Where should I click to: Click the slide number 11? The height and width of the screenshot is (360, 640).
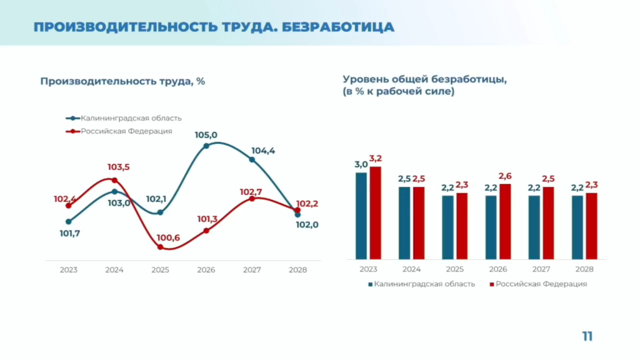(587, 336)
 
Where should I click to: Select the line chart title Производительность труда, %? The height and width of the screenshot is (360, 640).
(122, 81)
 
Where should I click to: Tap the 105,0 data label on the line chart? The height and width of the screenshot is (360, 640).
(206, 134)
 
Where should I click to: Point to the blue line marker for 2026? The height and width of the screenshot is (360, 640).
(206, 146)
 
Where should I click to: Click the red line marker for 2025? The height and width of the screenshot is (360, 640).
(160, 247)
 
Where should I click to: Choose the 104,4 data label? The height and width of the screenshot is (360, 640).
(263, 151)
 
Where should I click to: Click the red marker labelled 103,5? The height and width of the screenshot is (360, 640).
(114, 180)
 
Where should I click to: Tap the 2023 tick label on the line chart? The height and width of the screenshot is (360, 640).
(69, 270)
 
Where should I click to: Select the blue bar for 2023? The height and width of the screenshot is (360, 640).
(361, 216)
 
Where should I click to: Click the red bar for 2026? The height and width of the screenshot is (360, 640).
(505, 221)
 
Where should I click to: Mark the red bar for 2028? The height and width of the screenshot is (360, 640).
(591, 226)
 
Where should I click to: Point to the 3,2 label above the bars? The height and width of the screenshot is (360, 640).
(376, 158)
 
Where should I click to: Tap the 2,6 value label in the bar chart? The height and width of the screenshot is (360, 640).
(505, 176)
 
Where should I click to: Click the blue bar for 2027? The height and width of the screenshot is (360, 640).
(534, 227)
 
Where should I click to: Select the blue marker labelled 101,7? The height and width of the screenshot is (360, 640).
(69, 221)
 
